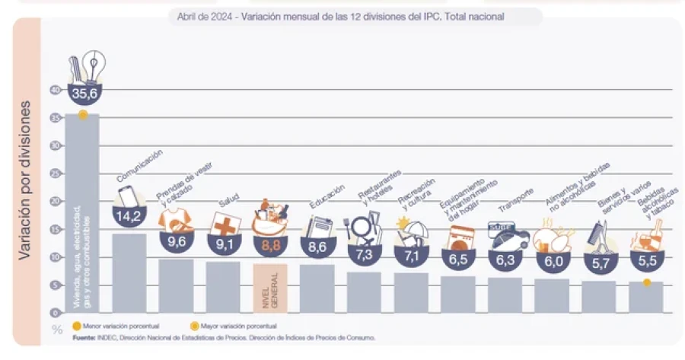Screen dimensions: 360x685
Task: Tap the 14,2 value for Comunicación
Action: click(x=129, y=215)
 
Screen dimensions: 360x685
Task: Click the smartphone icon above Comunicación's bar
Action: click(x=127, y=197)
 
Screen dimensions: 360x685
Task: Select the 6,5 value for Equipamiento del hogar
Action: click(x=459, y=258)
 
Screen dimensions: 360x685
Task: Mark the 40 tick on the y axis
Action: click(x=54, y=90)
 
